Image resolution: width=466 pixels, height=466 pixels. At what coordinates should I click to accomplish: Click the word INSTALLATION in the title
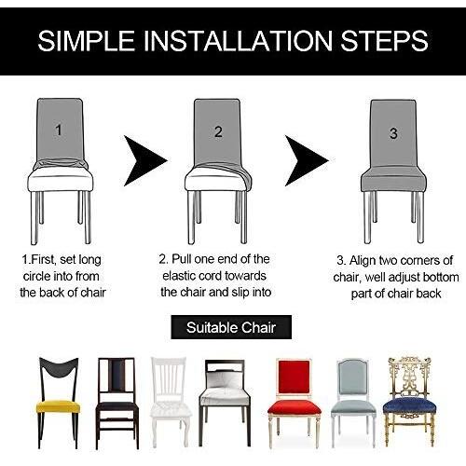pyautogui.click(x=239, y=41)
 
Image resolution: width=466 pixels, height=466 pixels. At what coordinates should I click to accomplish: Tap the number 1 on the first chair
pyautogui.click(x=59, y=130)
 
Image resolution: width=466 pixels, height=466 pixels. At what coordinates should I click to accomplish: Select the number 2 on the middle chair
pyautogui.click(x=218, y=131)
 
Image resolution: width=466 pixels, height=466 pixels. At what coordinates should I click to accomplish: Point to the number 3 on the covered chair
pyautogui.click(x=393, y=133)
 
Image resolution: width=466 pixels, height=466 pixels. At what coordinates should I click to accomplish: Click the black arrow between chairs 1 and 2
pyautogui.click(x=144, y=160)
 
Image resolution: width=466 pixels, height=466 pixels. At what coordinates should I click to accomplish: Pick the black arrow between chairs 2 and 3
pyautogui.click(x=305, y=160)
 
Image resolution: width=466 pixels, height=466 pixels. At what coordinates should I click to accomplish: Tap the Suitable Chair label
pyautogui.click(x=231, y=327)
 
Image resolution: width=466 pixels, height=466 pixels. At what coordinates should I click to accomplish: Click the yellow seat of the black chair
pyautogui.click(x=58, y=406)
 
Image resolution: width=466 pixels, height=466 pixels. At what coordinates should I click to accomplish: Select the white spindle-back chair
pyautogui.click(x=171, y=402)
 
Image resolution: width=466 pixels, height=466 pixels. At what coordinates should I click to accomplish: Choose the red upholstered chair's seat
pyautogui.click(x=295, y=407)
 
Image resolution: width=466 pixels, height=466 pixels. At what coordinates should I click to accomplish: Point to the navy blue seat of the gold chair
pyautogui.click(x=409, y=407)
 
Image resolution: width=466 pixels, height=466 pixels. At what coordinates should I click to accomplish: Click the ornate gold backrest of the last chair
pyautogui.click(x=410, y=377)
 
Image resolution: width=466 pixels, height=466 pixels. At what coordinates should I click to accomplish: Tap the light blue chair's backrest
pyautogui.click(x=352, y=377)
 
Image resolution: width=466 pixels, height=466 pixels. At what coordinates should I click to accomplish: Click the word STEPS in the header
pyautogui.click(x=384, y=41)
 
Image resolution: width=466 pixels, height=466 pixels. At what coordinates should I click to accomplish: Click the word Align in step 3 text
pyautogui.click(x=363, y=261)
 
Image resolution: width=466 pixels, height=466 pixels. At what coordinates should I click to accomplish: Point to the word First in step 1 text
pyautogui.click(x=45, y=259)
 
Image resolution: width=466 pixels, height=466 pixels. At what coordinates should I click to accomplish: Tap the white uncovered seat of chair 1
pyautogui.click(x=61, y=179)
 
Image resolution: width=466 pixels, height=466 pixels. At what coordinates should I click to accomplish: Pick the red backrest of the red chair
pyautogui.click(x=294, y=377)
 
